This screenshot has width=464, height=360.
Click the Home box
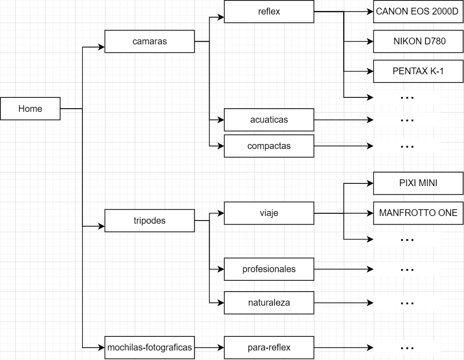[30, 109]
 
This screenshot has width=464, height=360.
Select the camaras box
[149, 42]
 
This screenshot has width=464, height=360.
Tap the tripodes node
[149, 221]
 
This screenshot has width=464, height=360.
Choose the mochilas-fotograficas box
[149, 348]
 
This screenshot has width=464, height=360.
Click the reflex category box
[269, 12]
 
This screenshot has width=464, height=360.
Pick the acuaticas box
[269, 120]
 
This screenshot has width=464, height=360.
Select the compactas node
[269, 146]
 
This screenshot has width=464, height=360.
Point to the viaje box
[269, 213]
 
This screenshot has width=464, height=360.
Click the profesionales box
[269, 269]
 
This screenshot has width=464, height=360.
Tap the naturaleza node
[269, 303]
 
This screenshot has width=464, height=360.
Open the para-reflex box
[269, 348]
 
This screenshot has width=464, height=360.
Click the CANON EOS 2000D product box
[417, 12]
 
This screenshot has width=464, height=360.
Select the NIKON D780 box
[418, 42]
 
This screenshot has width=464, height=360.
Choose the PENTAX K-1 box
[418, 72]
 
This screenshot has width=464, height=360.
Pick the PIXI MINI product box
[418, 183]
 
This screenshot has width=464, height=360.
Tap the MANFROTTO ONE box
[418, 213]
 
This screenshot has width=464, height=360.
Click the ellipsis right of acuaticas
[407, 120]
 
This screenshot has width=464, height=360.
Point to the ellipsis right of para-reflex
[407, 348]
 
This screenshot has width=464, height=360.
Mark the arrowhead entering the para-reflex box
[221, 348]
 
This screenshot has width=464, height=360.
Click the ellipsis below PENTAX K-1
[407, 97]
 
